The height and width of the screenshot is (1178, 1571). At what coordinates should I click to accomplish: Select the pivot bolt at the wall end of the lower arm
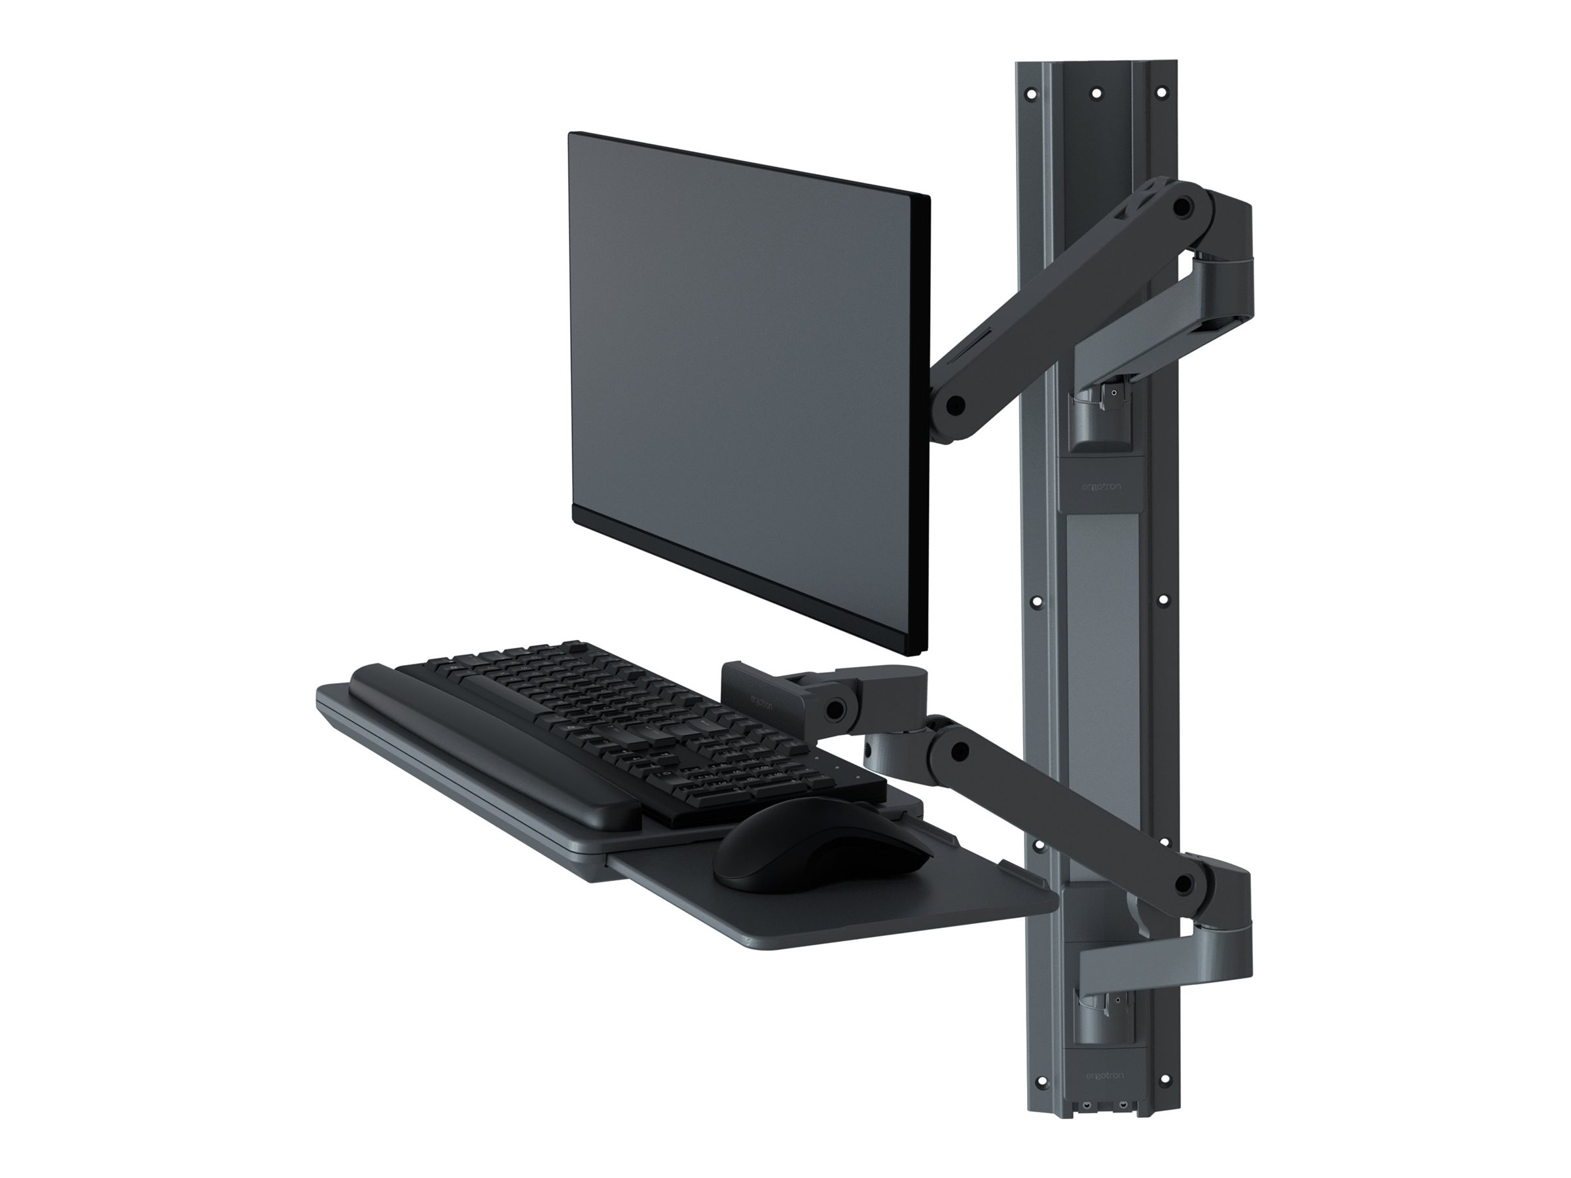click(x=1183, y=884)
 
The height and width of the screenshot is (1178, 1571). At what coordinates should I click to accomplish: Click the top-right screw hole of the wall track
click(x=1163, y=92)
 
